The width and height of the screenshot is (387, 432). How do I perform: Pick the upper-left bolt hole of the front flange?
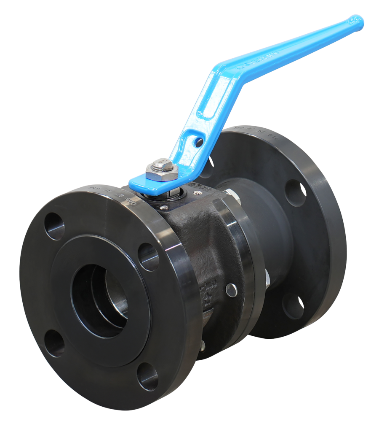coord(54,226)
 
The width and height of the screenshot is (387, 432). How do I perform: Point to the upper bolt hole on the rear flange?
coord(296,193)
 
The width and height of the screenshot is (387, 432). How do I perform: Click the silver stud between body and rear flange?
coord(267,278)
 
